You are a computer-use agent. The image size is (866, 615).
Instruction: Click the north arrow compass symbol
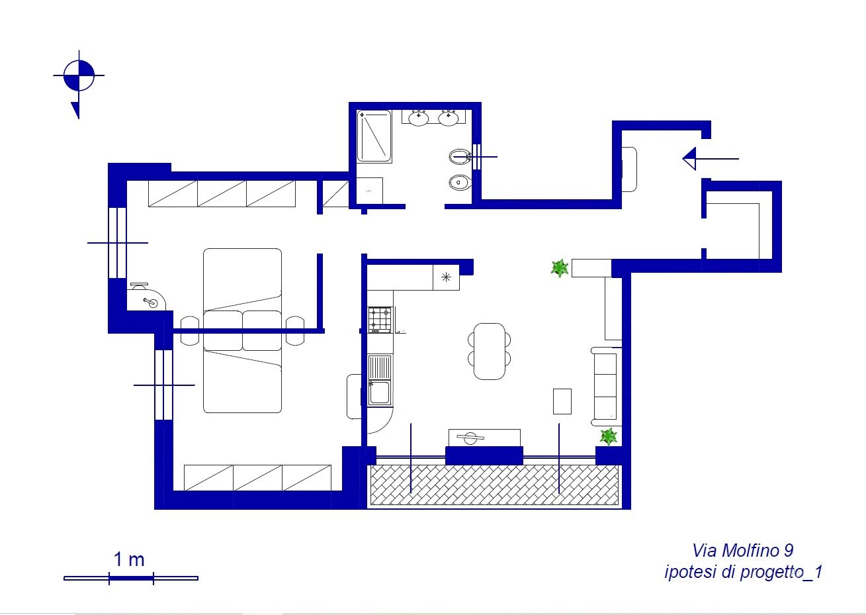(x=79, y=76)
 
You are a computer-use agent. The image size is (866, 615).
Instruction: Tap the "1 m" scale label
(x=129, y=559)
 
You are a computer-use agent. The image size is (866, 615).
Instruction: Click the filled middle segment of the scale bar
(x=132, y=578)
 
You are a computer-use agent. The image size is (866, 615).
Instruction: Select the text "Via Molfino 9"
(x=742, y=550)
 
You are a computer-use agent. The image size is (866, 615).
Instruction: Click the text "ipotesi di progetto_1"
(x=743, y=572)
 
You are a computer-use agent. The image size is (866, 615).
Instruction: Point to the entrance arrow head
(x=689, y=159)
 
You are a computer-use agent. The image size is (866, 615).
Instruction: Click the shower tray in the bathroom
(x=374, y=136)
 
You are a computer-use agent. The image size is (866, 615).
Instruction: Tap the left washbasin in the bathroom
(x=418, y=118)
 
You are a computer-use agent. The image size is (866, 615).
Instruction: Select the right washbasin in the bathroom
(x=449, y=118)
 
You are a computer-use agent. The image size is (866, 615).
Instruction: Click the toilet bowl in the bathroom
(x=459, y=182)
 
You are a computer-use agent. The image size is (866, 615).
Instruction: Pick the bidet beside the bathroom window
(x=459, y=157)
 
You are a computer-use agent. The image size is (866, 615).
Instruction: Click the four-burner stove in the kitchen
(x=380, y=320)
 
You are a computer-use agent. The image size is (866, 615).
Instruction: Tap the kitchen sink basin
(x=380, y=393)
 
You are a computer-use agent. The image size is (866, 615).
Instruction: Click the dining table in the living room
(x=490, y=352)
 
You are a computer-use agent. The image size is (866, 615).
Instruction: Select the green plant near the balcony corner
(x=609, y=436)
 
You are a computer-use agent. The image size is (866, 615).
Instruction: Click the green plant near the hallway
(x=560, y=268)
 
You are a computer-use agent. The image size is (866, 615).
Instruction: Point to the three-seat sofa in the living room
(x=605, y=387)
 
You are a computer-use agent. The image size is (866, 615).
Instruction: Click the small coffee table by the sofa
(x=562, y=401)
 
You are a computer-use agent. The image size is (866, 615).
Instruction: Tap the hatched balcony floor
(x=494, y=485)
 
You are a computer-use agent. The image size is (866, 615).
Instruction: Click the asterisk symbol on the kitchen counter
(x=446, y=277)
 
